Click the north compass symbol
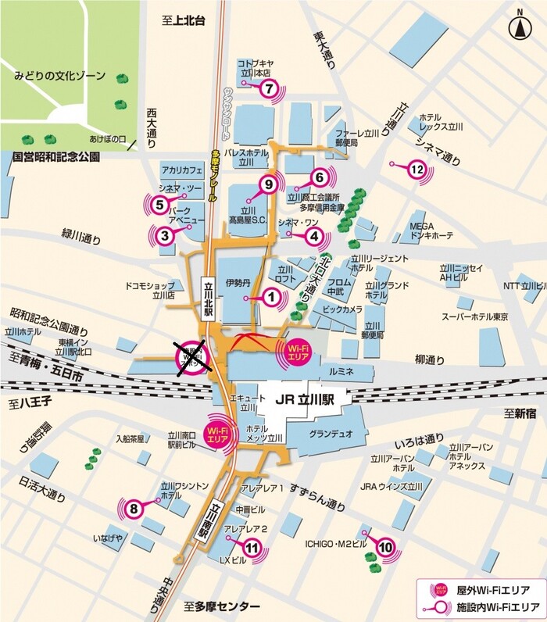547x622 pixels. tap(519, 27)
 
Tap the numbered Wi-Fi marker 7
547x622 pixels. tap(268, 88)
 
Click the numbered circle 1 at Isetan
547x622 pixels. tap(271, 297)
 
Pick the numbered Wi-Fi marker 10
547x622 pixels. tap(384, 548)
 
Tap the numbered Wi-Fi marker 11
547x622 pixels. tap(251, 549)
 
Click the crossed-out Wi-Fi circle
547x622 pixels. tap(190, 359)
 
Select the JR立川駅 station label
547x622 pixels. tap(304, 399)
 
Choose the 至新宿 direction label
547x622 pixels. tap(519, 413)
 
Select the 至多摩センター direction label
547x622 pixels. tap(222, 606)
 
